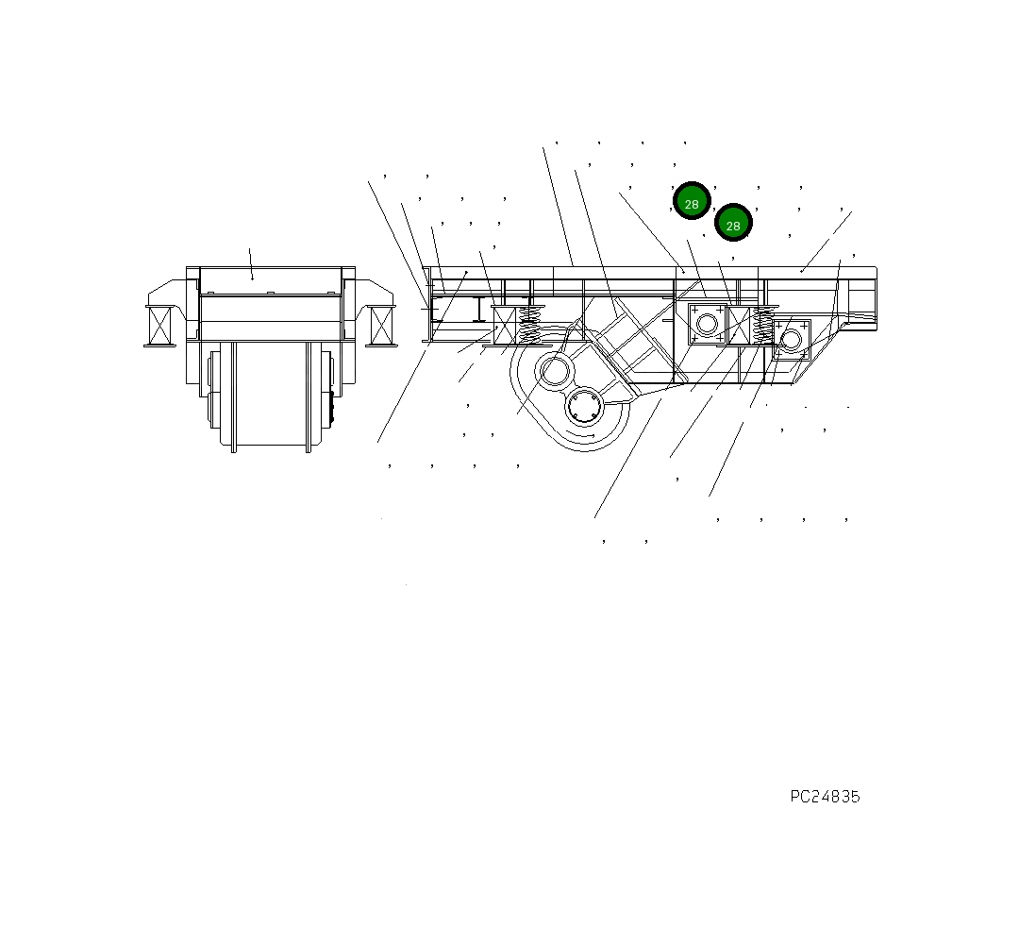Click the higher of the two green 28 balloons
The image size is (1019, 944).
[692, 200]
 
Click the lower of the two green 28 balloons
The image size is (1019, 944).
[733, 223]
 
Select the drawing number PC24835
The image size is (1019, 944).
[825, 797]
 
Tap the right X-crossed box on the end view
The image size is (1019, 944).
[381, 326]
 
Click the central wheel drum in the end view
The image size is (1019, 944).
[270, 392]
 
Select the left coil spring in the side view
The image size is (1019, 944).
[530, 325]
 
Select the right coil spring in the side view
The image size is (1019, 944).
[762, 326]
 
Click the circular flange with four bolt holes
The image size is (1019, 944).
[585, 408]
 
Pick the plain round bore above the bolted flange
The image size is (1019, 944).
[554, 371]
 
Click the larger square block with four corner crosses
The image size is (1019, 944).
[707, 324]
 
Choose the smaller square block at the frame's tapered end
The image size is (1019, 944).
[791, 339]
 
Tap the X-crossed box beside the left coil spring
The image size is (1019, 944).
[505, 326]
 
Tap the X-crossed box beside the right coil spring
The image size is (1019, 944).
[739, 326]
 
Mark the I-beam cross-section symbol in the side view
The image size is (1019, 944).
[479, 309]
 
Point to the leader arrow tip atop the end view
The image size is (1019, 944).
[252, 278]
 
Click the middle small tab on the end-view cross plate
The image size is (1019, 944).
[270, 294]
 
